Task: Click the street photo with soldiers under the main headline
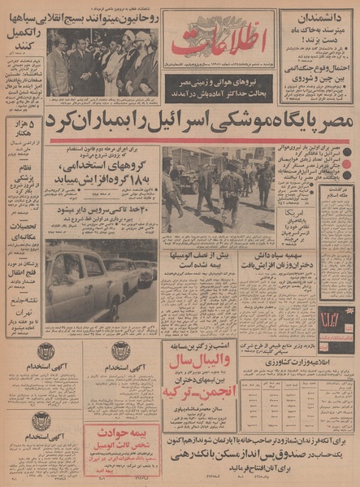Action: coord(219,188)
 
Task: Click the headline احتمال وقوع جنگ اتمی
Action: coord(319,72)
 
